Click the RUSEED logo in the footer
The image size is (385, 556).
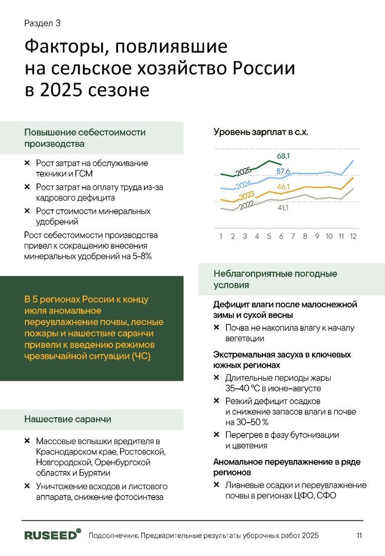(x=52, y=535)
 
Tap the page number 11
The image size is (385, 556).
(x=359, y=536)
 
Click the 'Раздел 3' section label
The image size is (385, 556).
(x=43, y=24)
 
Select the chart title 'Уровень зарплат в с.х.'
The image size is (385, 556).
(x=261, y=132)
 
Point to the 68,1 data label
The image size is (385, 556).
(x=284, y=156)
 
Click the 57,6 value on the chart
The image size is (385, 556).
(x=283, y=171)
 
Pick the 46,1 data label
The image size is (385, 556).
(x=283, y=187)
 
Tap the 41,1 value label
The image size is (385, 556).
(x=283, y=208)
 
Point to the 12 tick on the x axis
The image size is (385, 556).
(x=353, y=237)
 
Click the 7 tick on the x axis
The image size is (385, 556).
(x=293, y=237)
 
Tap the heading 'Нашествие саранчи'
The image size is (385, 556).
(x=68, y=420)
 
